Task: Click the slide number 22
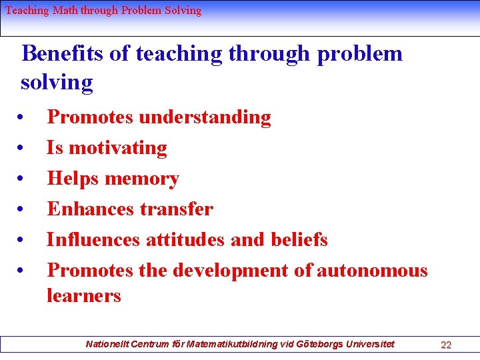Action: tap(446, 345)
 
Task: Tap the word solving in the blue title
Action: tap(57, 83)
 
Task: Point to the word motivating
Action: tap(118, 147)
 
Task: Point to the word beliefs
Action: tap(299, 239)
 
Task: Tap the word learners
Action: tap(83, 295)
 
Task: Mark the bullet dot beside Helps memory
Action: tap(22, 179)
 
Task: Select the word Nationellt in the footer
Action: tap(109, 344)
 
